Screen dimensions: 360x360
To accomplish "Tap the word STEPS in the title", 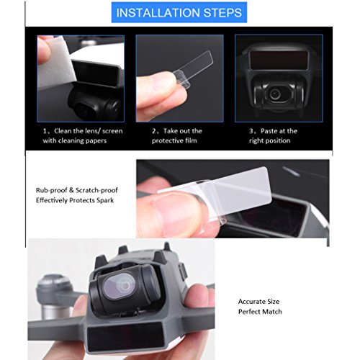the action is click(x=222, y=12).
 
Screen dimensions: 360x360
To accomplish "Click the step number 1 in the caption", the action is click(x=45, y=131).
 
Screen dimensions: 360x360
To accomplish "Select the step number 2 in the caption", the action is click(x=154, y=131).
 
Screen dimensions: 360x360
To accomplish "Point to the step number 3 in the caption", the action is click(x=251, y=131).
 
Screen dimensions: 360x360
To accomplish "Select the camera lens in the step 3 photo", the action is click(x=274, y=94).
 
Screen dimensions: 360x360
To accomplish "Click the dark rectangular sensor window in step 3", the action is click(x=279, y=59).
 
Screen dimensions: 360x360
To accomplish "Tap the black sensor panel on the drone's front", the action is click(x=125, y=338).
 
